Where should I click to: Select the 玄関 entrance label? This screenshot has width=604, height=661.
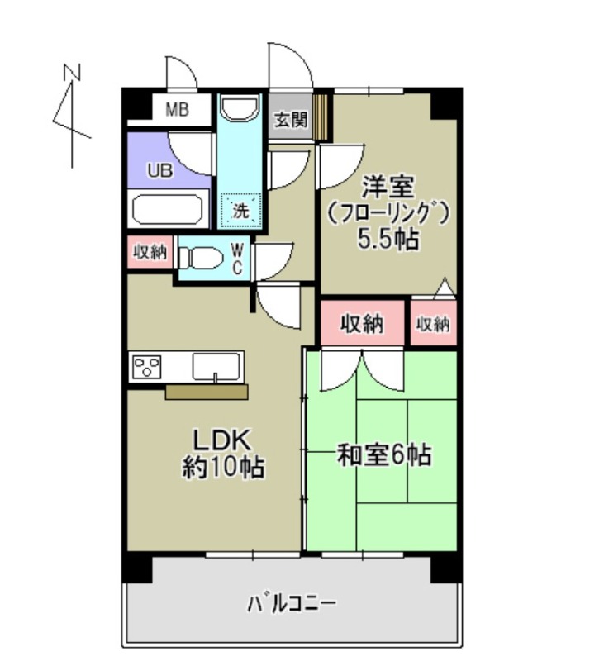290,121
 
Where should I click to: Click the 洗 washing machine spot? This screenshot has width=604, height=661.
240,210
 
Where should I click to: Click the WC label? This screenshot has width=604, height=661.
236,258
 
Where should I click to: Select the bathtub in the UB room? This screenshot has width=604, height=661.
169,209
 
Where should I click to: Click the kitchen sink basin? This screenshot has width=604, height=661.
217,364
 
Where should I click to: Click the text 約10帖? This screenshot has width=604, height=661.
223,468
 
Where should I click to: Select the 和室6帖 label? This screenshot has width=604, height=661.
384,454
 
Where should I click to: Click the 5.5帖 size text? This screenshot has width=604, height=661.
388,240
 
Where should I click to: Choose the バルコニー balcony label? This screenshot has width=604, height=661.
292,604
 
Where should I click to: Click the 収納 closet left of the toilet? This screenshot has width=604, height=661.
150,253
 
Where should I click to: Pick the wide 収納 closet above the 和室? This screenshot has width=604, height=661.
363,324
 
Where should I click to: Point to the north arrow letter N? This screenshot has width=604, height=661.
74,73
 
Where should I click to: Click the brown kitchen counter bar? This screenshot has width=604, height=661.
207,392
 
